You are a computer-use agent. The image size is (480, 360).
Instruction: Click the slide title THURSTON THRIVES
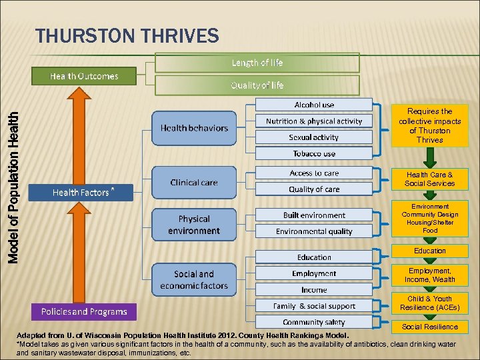[127, 35]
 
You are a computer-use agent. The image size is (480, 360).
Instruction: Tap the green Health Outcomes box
[84, 76]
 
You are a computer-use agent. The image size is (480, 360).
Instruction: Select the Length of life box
[257, 63]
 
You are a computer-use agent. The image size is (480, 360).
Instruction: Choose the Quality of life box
[257, 85]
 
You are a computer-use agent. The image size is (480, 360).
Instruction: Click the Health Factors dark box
[82, 193]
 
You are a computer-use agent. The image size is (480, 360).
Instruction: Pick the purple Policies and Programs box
[84, 311]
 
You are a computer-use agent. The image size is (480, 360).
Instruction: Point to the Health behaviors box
[194, 128]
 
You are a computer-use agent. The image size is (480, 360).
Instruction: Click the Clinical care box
[194, 182]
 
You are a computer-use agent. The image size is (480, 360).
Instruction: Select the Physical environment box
[194, 225]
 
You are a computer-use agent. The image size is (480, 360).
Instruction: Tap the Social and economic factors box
[194, 280]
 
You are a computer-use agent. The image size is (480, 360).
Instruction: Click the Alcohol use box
[314, 105]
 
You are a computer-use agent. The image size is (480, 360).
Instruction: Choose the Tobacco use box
[314, 153]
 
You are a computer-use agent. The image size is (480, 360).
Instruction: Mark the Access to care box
[314, 173]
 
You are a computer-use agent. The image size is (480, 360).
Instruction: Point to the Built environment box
[314, 215]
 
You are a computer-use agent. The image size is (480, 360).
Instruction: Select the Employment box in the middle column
[314, 273]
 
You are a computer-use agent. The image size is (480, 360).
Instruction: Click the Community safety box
[314, 322]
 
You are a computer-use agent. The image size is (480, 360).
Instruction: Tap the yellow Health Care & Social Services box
[430, 179]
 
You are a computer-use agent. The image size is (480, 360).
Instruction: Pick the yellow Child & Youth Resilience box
[430, 303]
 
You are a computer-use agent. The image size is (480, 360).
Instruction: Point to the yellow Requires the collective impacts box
[430, 125]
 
